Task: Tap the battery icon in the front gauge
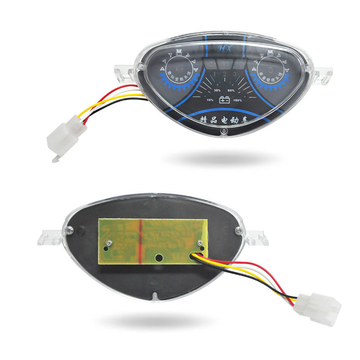click(223, 100)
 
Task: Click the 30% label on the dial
click(211, 90)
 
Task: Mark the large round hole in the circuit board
click(159, 258)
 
